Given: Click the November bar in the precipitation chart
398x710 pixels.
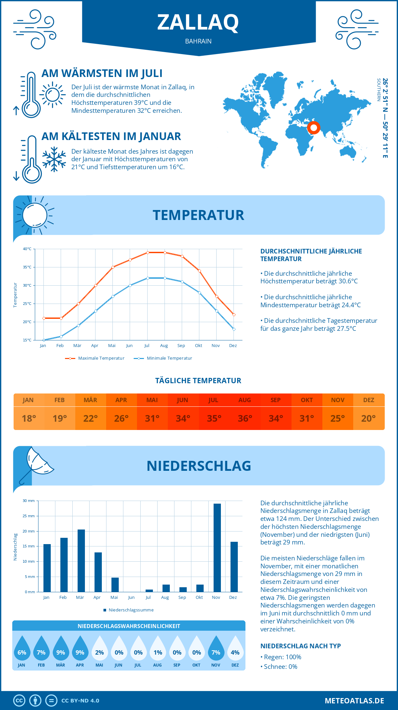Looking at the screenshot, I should point(217,548).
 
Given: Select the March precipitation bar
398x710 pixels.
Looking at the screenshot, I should point(81,561).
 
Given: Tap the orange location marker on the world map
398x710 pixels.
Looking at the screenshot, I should point(313,128).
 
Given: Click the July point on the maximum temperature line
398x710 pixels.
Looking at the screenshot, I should point(148,252).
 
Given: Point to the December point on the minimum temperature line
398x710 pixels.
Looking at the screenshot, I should point(234,329).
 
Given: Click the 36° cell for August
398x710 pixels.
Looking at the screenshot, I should point(245,418).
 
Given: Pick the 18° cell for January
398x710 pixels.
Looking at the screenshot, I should point(29,418).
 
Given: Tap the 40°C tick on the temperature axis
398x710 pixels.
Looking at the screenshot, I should point(27,249).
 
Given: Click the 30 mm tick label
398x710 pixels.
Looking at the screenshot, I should point(29,501).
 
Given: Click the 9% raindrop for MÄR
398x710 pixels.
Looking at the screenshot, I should point(61,648).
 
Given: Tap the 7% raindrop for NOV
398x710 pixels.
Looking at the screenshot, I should point(216,648).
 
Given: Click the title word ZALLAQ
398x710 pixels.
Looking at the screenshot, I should point(198,22).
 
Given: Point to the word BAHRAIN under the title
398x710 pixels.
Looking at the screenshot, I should point(198,41).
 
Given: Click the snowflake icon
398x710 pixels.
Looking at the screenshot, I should point(54,159).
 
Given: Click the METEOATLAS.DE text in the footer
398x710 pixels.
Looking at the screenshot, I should point(354,701).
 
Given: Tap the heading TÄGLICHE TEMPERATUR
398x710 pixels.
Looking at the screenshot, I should point(198,381).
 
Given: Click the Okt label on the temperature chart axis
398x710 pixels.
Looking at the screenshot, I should point(198,346).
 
